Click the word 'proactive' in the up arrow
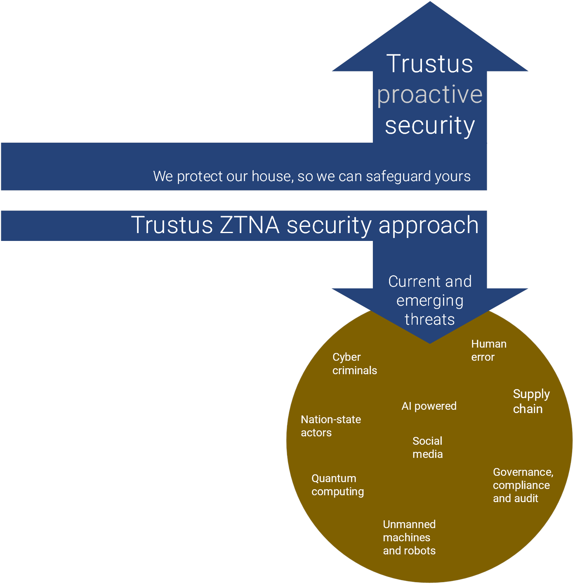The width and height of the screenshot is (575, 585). pos(430,95)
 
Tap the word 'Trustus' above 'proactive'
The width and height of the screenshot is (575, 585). pos(430,64)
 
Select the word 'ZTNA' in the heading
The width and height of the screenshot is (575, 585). pos(250,225)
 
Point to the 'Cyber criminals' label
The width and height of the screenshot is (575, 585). pos(354,363)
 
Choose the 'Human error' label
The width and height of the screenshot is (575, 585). pos(488,350)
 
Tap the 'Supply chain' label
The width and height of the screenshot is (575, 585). pos(531,401)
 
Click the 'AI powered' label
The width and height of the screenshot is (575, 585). pos(429,406)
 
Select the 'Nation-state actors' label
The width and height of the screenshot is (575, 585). pos(330,426)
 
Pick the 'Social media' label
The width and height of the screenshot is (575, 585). pos(427,447)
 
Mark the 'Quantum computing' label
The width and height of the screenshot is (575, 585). pos(337,485)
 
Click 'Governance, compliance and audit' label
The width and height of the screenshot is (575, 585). pos(523,485)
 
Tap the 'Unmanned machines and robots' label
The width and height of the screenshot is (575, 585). pos(409,537)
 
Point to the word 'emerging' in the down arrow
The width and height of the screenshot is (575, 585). pos(430,301)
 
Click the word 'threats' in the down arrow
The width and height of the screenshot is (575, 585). pos(430,319)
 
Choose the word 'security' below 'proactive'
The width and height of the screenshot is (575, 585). pos(430,126)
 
